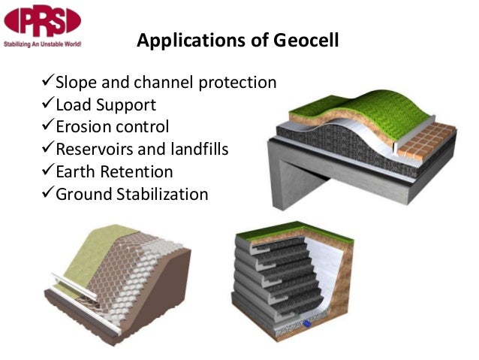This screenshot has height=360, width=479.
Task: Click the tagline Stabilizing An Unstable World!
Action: tap(42, 43)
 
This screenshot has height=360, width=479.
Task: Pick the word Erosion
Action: tap(82, 126)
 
